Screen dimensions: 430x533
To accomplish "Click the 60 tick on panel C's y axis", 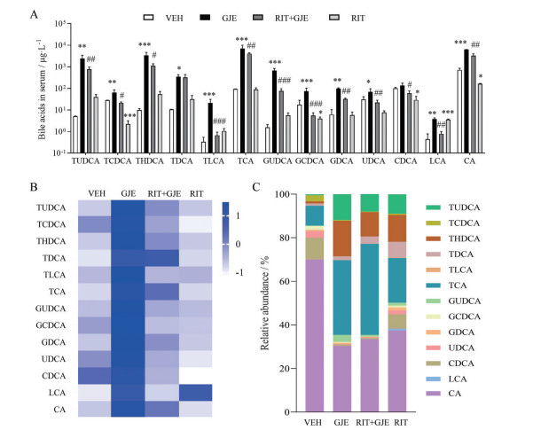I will pos(289,282).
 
